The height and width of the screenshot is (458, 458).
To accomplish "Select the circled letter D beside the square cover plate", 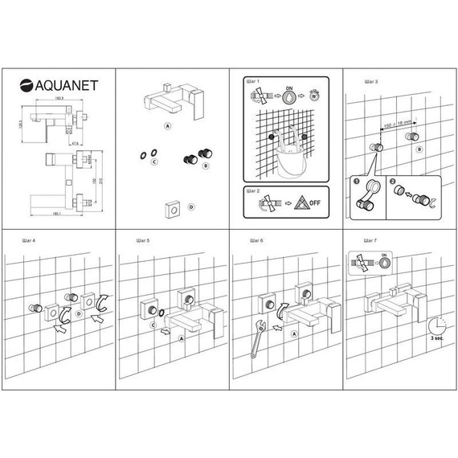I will [x=190, y=207].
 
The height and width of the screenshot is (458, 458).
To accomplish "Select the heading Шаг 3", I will [x=370, y=82].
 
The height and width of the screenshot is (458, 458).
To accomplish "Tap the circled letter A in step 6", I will [x=292, y=333].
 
